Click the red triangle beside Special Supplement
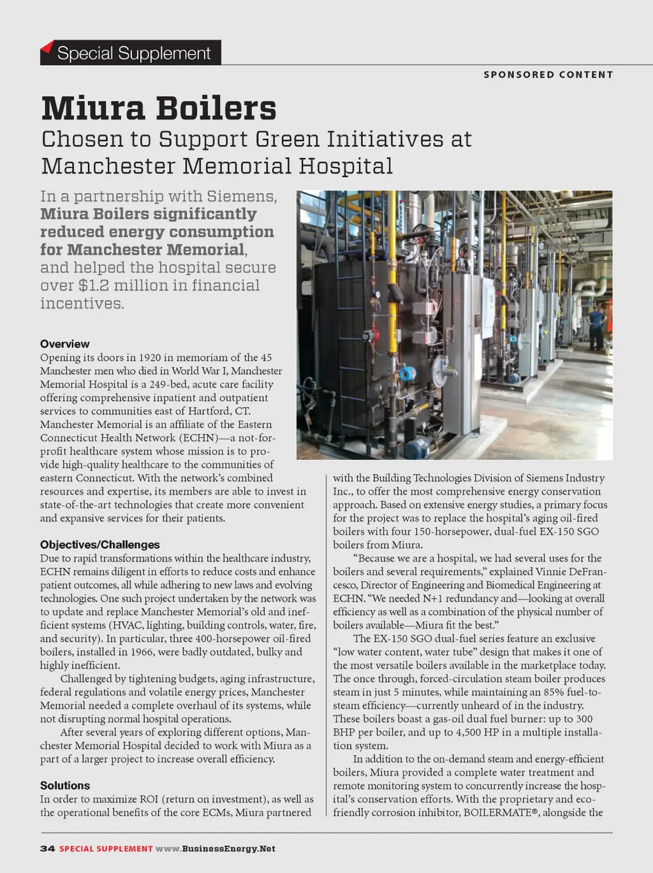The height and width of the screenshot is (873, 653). click(47, 47)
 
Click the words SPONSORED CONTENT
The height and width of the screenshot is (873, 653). click(548, 75)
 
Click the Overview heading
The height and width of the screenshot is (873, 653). click(64, 344)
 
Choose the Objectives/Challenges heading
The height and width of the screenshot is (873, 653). click(99, 545)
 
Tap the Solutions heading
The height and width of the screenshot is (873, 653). click(64, 786)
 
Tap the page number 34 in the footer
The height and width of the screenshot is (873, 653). click(47, 849)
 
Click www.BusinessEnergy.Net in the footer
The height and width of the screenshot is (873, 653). click(216, 849)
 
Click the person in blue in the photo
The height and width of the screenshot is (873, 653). click(596, 327)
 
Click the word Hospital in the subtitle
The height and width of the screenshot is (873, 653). click(346, 166)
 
